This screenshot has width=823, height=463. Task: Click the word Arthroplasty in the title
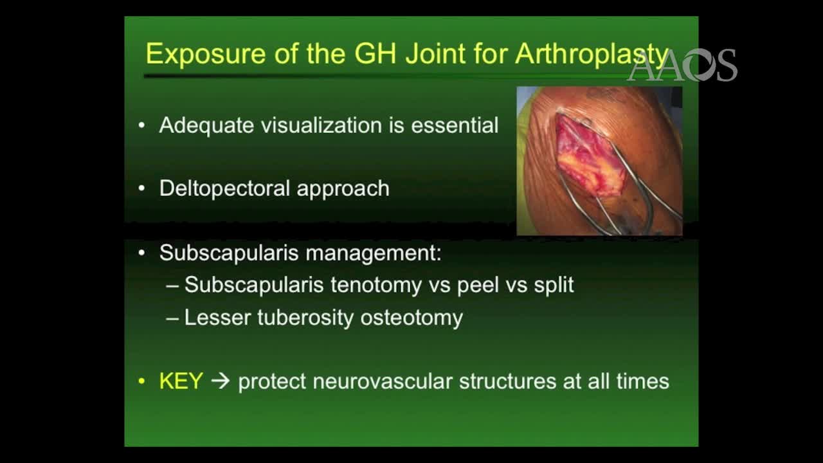pos(592,54)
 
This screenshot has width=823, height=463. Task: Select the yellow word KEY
pos(181,381)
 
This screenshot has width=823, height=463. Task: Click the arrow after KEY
pos(221,381)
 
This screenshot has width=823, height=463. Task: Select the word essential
pos(455,125)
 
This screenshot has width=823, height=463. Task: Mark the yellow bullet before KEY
pos(142,381)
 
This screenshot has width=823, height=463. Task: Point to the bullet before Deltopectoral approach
pos(142,188)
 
